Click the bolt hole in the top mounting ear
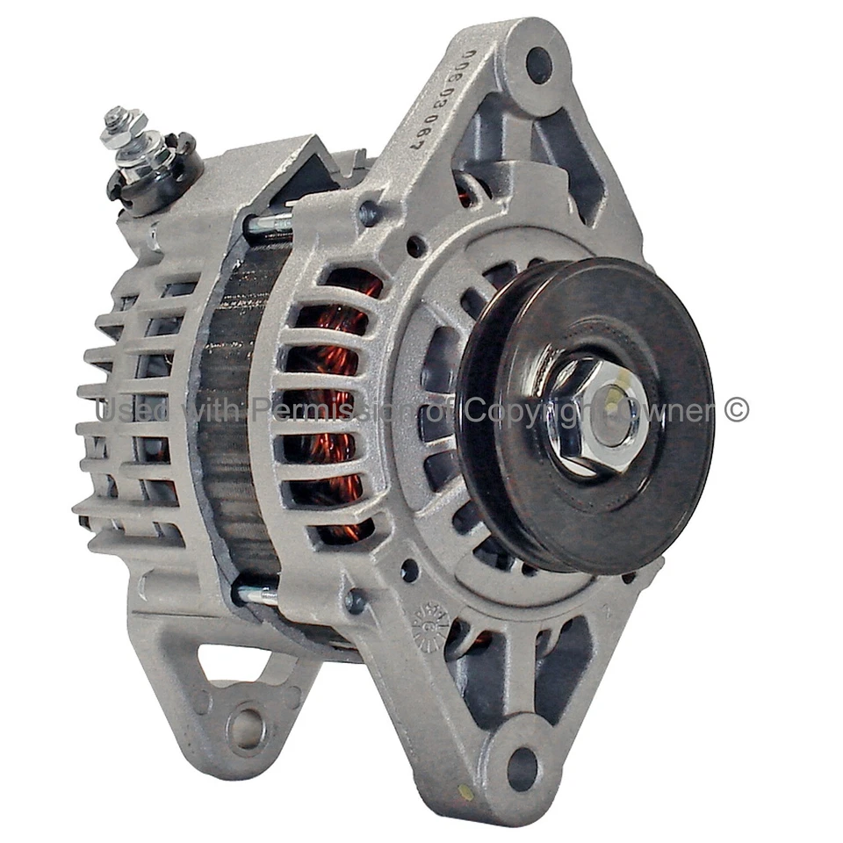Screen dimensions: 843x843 (538, 64)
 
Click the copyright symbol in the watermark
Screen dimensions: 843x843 (737, 410)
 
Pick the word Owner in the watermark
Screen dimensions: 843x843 (681, 410)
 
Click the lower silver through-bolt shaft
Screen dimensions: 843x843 (256, 594)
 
